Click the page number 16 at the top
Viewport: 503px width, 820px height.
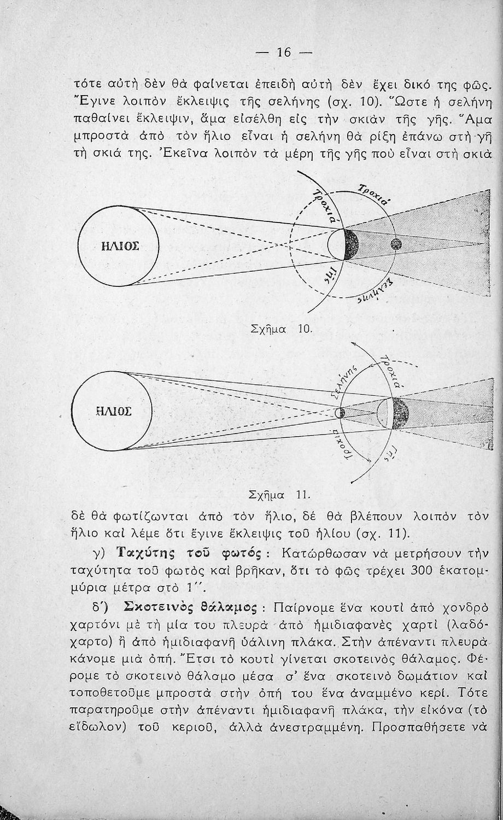tap(283, 52)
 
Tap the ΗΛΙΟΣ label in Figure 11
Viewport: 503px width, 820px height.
tap(113, 411)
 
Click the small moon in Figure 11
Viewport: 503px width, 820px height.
tap(341, 413)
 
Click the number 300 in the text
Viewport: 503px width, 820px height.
tap(421, 571)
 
